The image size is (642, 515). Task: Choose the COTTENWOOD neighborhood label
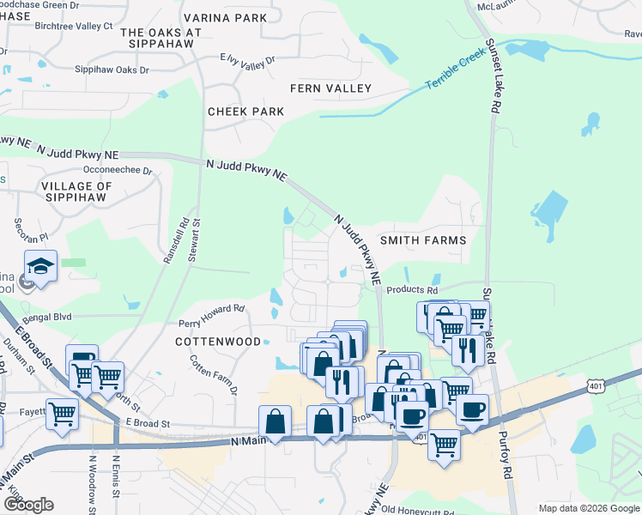pyautogui.click(x=218, y=342)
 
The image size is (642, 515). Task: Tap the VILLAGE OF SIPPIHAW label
pyautogui.click(x=76, y=191)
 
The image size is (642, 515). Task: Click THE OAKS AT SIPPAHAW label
pyautogui.click(x=161, y=38)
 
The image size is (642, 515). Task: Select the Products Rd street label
pyautogui.click(x=406, y=290)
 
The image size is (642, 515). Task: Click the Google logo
pyautogui.click(x=29, y=505)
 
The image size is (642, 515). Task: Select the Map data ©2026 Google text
pyautogui.click(x=587, y=508)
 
